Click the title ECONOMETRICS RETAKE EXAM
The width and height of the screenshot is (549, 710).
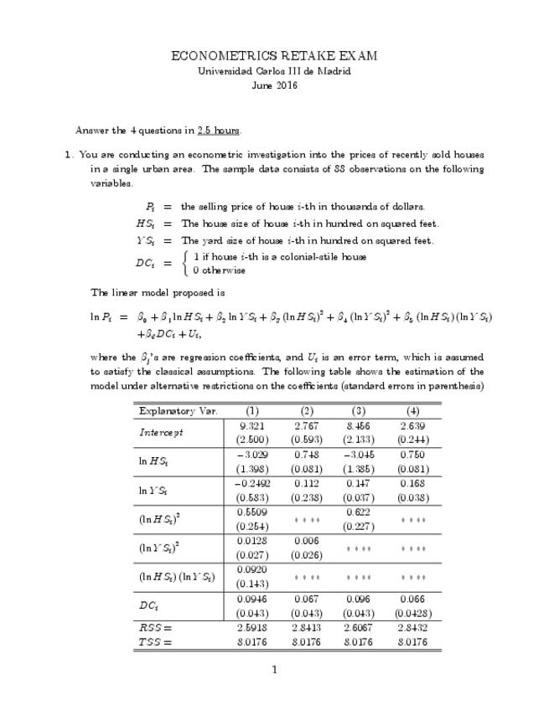274,56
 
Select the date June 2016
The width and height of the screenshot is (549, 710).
274,85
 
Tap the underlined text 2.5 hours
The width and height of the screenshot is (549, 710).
220,131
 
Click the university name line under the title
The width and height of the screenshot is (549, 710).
274,71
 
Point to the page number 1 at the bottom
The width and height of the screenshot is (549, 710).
274,669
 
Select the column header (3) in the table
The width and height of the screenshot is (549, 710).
359,411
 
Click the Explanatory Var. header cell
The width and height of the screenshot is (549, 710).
179,411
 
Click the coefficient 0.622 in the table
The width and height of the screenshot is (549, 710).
359,512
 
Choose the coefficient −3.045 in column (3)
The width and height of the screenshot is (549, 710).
359,454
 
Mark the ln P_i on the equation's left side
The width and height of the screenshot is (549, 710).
101,317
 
